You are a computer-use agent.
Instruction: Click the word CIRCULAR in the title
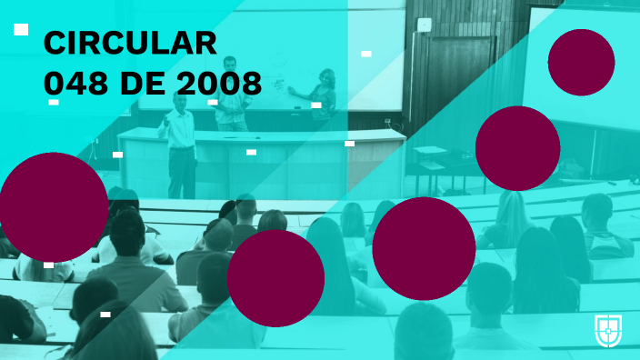click(x=130, y=43)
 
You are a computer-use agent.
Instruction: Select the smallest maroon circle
click(x=581, y=62)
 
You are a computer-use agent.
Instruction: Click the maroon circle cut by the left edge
click(x=53, y=206)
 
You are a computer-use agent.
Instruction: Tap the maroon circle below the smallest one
click(x=517, y=148)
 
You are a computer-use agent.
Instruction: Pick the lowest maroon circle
click(x=275, y=278)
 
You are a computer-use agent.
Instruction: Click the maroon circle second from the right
click(x=424, y=248)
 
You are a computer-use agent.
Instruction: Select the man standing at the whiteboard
click(x=231, y=91)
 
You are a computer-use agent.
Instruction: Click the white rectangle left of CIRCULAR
click(x=21, y=30)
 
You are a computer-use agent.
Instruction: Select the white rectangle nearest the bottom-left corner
click(x=105, y=314)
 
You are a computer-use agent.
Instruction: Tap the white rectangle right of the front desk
click(x=349, y=143)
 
